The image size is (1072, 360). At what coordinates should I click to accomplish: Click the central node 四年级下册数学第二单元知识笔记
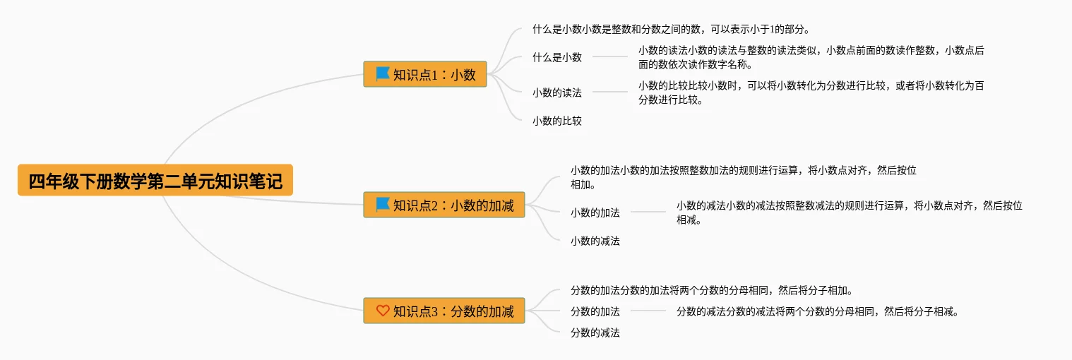click(155, 181)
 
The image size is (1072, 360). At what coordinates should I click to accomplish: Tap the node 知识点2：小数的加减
click(444, 205)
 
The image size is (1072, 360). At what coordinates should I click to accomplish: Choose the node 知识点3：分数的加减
click(444, 311)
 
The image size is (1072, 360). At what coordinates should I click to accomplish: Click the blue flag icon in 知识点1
click(383, 73)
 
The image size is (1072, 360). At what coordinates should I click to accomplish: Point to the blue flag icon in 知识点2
click(383, 205)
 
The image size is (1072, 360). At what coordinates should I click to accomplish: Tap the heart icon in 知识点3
click(383, 310)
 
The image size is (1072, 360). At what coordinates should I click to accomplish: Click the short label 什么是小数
click(557, 57)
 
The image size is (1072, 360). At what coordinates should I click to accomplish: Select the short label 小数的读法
click(557, 92)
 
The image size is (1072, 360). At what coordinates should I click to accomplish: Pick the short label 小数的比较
click(557, 121)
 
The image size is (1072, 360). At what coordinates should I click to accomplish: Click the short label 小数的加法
click(595, 212)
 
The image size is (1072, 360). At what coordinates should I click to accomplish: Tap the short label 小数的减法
click(595, 241)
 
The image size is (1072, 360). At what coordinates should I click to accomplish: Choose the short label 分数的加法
click(595, 311)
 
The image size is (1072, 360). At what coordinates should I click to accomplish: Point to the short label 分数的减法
click(595, 332)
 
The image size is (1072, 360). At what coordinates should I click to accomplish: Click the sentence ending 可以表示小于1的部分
click(671, 30)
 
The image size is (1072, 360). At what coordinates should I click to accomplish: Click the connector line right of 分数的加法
click(648, 311)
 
